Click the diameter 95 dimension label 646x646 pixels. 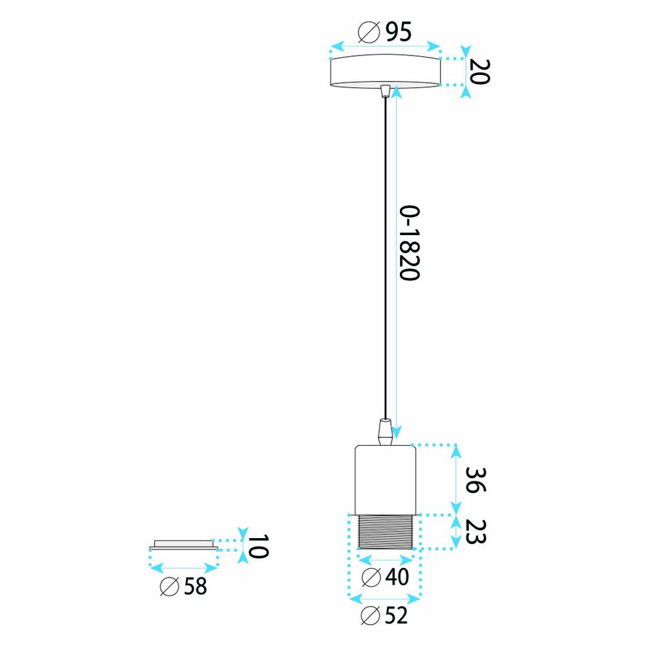(384, 32)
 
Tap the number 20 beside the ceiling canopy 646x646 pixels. (479, 72)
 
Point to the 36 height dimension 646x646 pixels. (475, 480)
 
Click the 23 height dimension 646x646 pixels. (475, 532)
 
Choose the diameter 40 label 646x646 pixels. (385, 577)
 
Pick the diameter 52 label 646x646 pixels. (384, 616)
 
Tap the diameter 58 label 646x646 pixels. (183, 586)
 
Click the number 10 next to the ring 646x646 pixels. (258, 547)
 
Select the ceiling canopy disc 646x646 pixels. (385, 71)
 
